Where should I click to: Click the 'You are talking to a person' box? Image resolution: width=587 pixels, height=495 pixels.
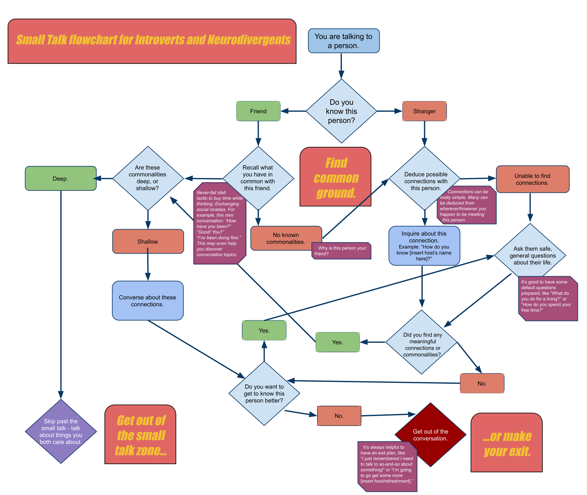(x=344, y=41)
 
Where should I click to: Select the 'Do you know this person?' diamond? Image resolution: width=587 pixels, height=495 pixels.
(x=341, y=111)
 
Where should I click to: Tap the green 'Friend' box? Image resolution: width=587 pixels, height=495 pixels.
(x=258, y=111)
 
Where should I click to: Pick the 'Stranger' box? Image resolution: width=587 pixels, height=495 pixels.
(x=424, y=111)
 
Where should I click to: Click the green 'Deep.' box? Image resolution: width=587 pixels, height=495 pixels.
(x=60, y=178)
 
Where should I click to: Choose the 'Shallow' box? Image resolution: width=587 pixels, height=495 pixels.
(x=148, y=241)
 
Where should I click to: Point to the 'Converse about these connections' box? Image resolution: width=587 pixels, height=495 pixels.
(x=148, y=301)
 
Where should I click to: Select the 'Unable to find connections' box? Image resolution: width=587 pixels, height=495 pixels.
(x=532, y=179)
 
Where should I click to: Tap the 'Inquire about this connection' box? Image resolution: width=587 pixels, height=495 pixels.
(x=424, y=246)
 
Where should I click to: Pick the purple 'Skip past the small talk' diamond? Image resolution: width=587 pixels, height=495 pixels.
(x=61, y=431)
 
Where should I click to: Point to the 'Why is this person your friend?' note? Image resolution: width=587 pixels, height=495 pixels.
(x=341, y=251)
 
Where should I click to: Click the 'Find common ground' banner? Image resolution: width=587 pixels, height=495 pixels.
(x=335, y=177)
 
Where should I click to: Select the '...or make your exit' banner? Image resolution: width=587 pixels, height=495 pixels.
(x=506, y=442)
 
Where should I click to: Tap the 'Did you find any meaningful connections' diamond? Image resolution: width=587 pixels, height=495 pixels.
(x=422, y=342)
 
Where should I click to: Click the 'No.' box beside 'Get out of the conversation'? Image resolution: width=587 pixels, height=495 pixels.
(x=339, y=416)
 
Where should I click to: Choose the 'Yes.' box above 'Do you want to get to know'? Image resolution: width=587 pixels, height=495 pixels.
(x=264, y=330)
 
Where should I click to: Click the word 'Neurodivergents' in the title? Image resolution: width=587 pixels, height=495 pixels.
(x=249, y=40)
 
